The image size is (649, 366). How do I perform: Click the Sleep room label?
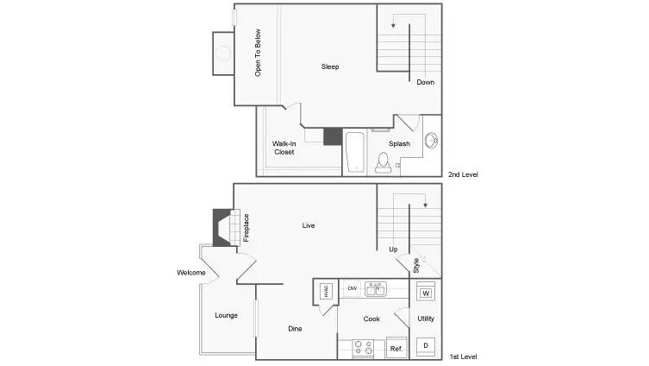pos(330,67)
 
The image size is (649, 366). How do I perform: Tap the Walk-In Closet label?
pos(284,148)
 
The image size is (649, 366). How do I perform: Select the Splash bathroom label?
pos(399,144)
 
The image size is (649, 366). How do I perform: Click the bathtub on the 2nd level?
pos(355,152)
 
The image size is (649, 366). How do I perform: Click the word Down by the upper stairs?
pos(425,83)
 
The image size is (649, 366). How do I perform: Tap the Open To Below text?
pos(258,54)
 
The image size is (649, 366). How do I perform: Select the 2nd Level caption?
pos(463,174)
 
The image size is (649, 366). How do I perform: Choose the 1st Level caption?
pos(463,357)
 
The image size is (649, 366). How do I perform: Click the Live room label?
pos(309,226)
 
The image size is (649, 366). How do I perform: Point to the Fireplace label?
pos(246,227)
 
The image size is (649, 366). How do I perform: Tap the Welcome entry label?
pos(191,273)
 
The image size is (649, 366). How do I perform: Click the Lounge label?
pos(227,315)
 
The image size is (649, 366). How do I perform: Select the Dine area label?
pos(295,329)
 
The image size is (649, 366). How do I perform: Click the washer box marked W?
pos(425,293)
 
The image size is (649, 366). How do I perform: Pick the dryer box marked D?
pos(425,346)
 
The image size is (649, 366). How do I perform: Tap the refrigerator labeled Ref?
pos(396,348)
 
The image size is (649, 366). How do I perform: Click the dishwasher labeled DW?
pos(352,287)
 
